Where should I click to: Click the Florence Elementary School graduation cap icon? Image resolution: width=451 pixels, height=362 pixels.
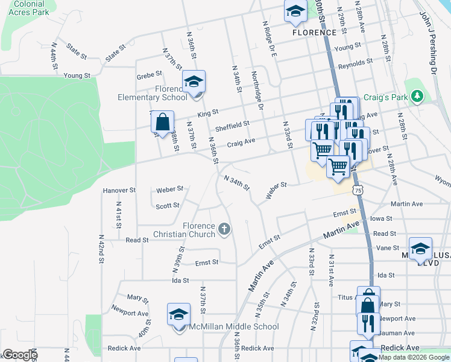tap(194, 81)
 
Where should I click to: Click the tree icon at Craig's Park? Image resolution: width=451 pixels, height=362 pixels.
tap(416, 97)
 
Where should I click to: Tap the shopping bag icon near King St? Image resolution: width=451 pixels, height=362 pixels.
tap(162, 122)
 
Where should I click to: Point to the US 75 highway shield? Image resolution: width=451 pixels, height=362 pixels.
tap(359, 190)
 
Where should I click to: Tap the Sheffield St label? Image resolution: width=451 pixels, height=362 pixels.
tap(232, 125)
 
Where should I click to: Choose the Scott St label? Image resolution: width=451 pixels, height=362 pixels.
tap(168, 206)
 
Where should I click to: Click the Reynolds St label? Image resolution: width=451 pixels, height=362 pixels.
tap(355, 63)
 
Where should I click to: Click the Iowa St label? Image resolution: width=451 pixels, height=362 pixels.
tap(381, 218)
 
